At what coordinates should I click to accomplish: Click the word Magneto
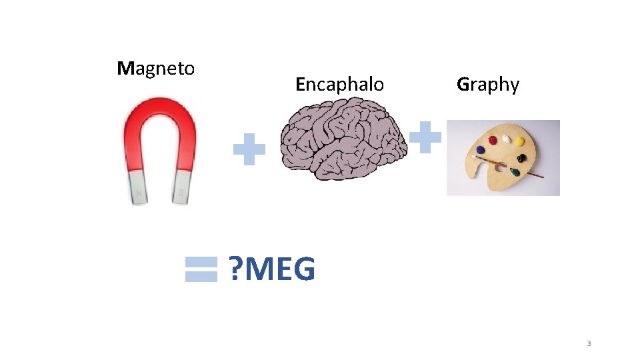156,69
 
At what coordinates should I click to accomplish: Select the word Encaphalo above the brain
340,85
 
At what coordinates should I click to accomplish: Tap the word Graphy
488,85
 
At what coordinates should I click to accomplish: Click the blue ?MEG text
271,270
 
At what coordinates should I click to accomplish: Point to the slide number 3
589,343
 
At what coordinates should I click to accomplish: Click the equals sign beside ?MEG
201,270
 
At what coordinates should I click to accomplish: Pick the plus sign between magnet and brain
249,149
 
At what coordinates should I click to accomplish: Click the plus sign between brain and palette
425,137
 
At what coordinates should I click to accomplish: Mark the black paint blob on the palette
521,158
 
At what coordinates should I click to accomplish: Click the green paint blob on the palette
515,171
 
